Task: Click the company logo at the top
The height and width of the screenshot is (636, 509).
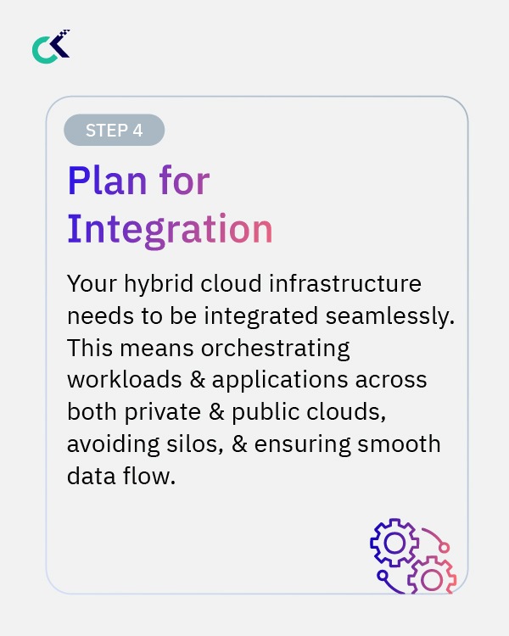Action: (50, 47)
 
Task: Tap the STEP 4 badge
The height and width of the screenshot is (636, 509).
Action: (114, 130)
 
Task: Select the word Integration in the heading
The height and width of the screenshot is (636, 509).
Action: (170, 229)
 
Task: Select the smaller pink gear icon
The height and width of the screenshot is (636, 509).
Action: (432, 578)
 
